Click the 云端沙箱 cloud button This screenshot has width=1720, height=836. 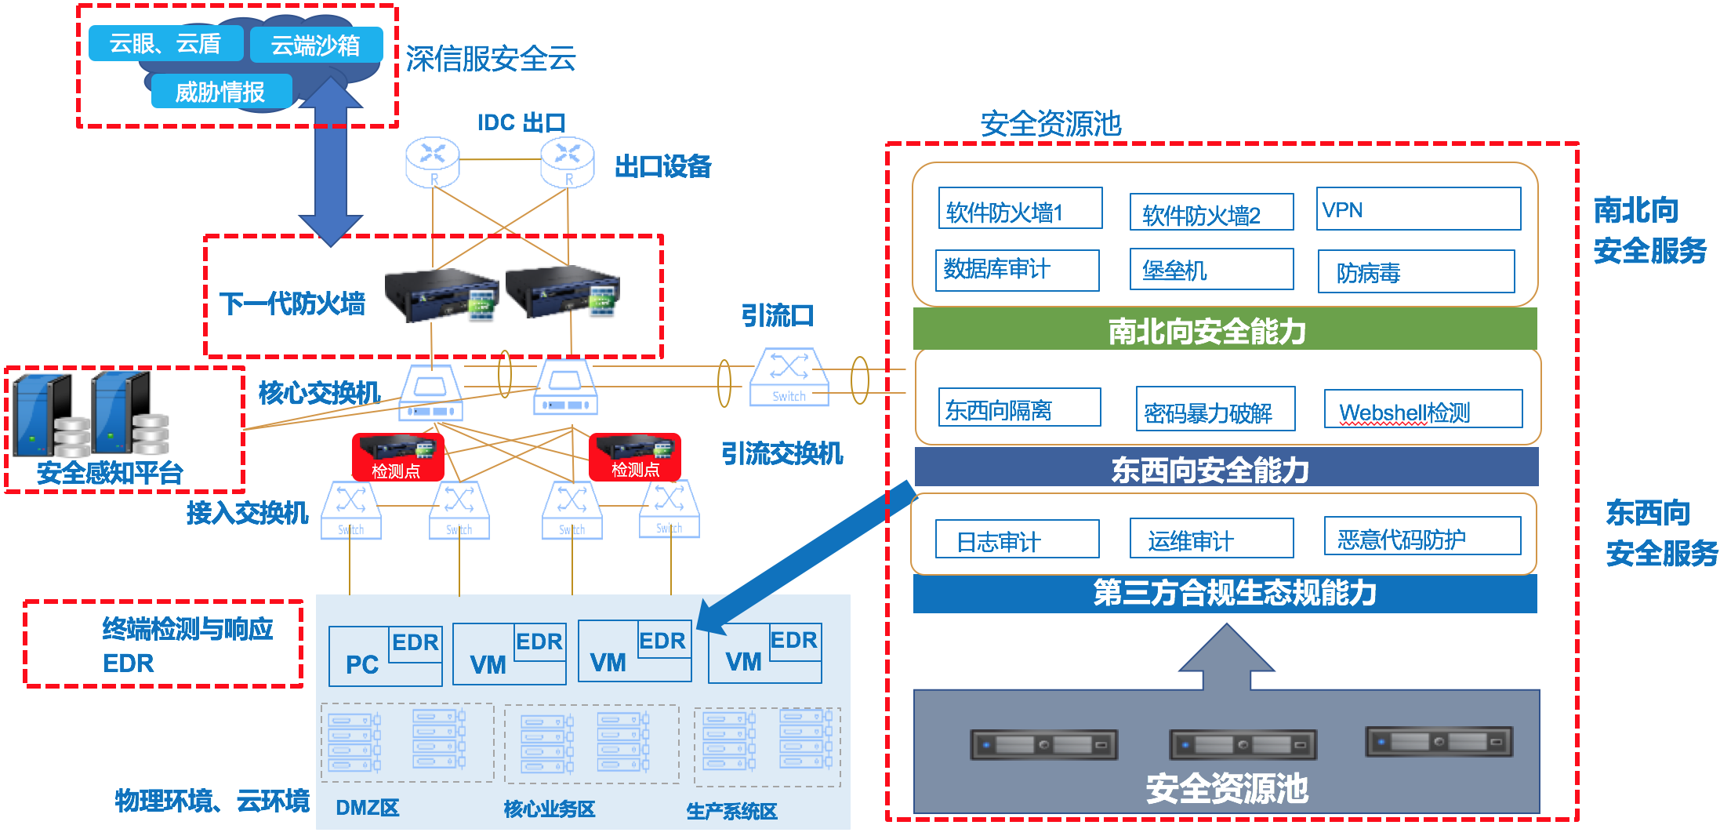[x=316, y=45]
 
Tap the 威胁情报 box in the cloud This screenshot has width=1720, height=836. [x=221, y=92]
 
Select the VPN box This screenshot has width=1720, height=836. [x=1418, y=209]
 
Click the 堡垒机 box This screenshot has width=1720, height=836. [x=1211, y=270]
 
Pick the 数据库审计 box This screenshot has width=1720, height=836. [x=1018, y=270]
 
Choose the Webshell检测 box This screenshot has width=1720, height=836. [x=1423, y=410]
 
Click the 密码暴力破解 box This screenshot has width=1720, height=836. [x=1215, y=410]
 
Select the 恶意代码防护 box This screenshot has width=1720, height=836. [x=1422, y=537]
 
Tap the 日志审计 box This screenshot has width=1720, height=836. [x=1018, y=540]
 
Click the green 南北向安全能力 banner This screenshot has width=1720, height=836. [x=1225, y=330]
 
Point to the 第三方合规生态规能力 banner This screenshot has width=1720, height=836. [x=1225, y=594]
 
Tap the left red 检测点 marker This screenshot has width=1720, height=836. [x=397, y=457]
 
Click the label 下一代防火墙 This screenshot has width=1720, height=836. [x=292, y=304]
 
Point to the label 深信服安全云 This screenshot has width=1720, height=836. [x=491, y=59]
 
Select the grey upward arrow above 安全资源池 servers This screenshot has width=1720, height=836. [x=1227, y=657]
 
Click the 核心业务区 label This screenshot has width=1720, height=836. [x=549, y=809]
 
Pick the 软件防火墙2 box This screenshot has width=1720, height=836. [x=1211, y=213]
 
